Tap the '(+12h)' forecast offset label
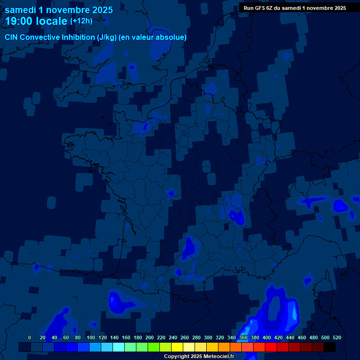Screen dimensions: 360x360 [81, 21]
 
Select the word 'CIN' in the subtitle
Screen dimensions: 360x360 [12, 37]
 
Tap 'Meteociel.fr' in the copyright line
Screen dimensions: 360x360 [218, 356]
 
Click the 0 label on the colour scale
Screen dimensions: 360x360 [30, 337]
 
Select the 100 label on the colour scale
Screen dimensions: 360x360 [91, 337]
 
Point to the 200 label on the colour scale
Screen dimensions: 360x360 [150, 337]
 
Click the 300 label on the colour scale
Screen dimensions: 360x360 [208, 337]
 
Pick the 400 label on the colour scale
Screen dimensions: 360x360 [267, 337]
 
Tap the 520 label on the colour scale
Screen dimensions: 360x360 [337, 337]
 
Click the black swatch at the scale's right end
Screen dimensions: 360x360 [330, 347]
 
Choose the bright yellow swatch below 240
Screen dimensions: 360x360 [177, 347]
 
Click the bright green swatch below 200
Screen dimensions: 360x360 [154, 347]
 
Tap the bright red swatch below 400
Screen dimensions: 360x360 [271, 347]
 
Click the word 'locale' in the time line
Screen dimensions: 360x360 [52, 21]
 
